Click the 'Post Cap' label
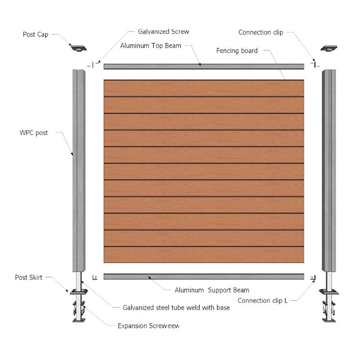[36, 35]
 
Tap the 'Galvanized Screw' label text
[163, 31]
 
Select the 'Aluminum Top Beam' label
[151, 46]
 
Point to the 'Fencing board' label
[237, 51]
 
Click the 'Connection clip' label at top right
[261, 32]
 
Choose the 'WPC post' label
[34, 133]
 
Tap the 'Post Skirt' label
[29, 277]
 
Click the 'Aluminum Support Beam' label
[212, 290]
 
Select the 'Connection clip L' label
[262, 301]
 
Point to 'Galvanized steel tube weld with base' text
[176, 308]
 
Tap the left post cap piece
[78, 48]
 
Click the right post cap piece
[329, 48]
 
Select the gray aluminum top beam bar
[204, 67]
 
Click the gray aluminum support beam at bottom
[204, 276]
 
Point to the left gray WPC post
[79, 171]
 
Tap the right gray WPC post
[329, 171]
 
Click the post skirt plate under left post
[79, 292]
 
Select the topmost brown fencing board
[204, 88]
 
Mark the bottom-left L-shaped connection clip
[94, 278]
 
